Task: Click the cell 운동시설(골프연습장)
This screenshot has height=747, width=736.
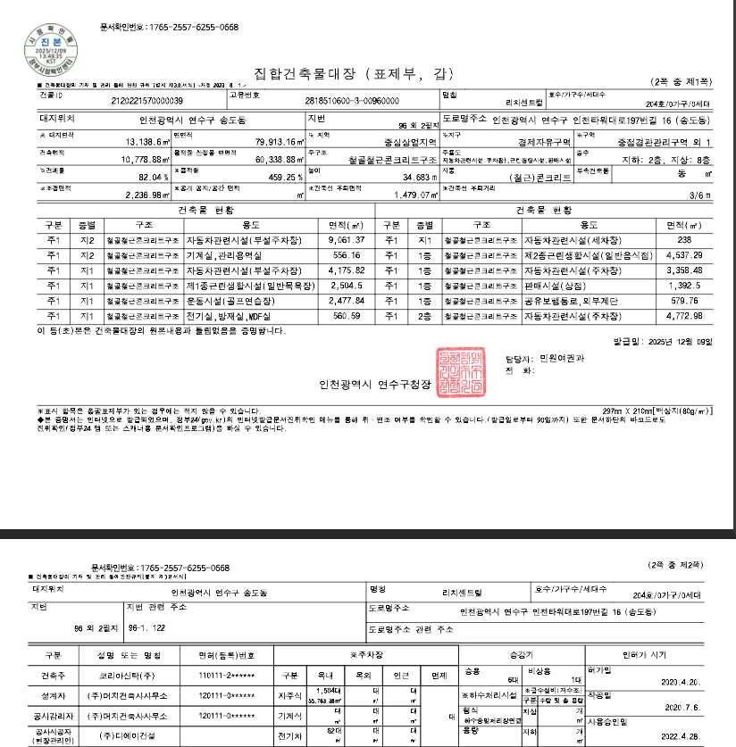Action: (x=231, y=301)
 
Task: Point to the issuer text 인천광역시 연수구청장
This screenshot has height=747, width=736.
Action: (x=375, y=385)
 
